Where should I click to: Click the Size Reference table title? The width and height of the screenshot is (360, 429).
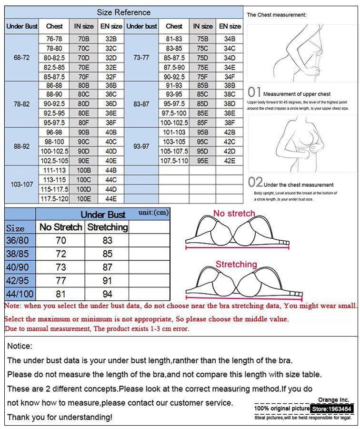click(x=123, y=12)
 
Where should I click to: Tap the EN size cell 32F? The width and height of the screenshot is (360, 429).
click(x=111, y=76)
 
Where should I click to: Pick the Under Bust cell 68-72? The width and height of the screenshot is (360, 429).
click(x=19, y=58)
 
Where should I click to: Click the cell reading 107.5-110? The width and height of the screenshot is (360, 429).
click(x=174, y=161)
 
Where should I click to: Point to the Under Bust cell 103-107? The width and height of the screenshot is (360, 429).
click(x=19, y=184)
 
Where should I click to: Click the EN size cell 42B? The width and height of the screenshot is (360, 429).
click(x=230, y=132)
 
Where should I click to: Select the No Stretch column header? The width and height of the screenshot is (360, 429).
click(x=60, y=227)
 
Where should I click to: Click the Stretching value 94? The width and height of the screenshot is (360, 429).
click(x=107, y=294)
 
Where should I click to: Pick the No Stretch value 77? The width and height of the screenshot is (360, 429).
click(x=60, y=281)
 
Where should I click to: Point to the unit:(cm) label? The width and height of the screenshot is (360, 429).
click(x=153, y=212)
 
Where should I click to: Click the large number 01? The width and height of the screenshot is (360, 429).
click(x=255, y=92)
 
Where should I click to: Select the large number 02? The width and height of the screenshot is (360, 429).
click(x=255, y=182)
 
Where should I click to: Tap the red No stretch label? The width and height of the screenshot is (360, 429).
click(x=234, y=213)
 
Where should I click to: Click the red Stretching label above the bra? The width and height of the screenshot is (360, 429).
click(x=236, y=264)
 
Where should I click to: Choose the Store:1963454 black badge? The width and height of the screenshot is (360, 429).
click(x=331, y=409)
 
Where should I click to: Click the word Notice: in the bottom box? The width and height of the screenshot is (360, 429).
click(x=20, y=346)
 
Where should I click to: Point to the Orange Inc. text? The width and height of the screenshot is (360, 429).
click(x=333, y=399)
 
